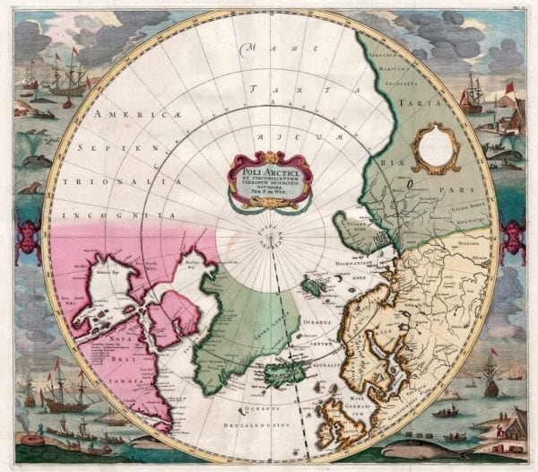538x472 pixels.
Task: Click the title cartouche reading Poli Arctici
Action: [270, 176]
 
